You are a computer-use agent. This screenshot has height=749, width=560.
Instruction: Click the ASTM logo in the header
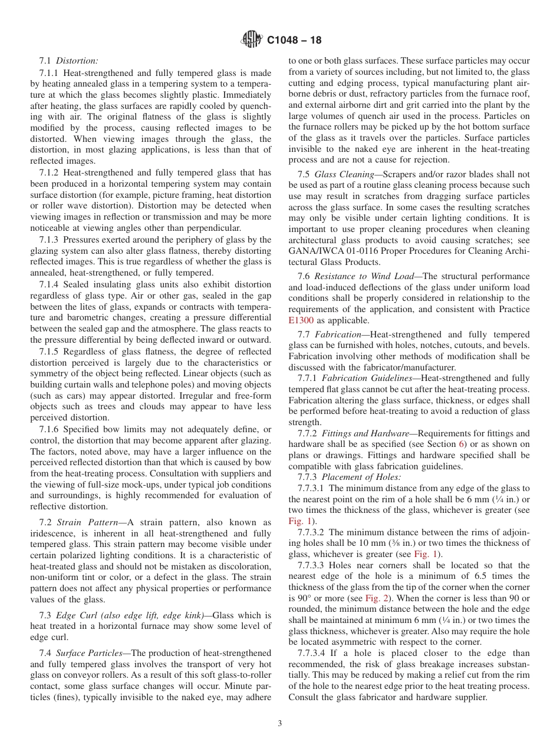point(252,40)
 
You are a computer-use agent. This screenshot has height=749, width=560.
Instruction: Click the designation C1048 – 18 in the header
point(294,41)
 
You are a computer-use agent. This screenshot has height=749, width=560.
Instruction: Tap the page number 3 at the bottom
point(280,724)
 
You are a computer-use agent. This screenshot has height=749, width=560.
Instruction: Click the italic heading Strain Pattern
point(88,522)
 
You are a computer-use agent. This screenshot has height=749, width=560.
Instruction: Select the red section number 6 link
point(462,444)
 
